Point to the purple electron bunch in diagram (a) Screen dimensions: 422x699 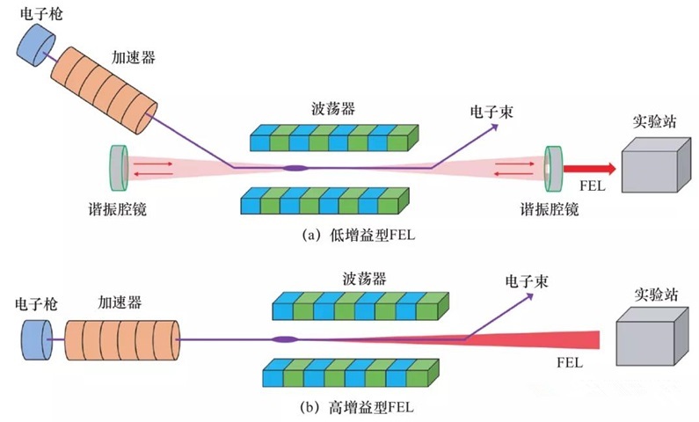tap(294, 167)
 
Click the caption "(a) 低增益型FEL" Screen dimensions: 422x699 tap(348, 236)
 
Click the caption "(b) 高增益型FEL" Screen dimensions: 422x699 tap(350, 407)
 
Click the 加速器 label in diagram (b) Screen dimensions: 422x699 tap(120, 301)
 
